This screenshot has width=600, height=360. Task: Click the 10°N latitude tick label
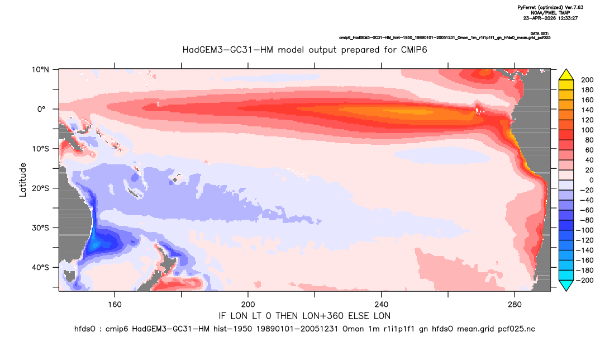coord(40,70)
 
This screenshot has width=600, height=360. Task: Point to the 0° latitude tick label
coord(41,109)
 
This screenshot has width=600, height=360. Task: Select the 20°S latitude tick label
coord(40,188)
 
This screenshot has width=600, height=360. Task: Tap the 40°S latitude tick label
coord(40,267)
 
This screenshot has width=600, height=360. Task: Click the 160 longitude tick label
coord(115,305)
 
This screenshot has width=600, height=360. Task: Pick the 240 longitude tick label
coord(382,305)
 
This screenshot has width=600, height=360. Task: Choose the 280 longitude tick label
coord(515,305)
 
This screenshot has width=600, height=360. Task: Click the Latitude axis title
coord(23,180)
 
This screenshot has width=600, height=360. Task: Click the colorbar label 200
coord(587,80)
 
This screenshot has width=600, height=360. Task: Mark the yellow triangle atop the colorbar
coord(566,75)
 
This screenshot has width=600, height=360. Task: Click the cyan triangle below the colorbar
coord(566,285)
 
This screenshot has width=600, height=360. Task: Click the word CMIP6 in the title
coord(414,50)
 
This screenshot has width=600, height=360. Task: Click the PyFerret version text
coord(550,8)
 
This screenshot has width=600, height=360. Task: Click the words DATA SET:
coord(540,34)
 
